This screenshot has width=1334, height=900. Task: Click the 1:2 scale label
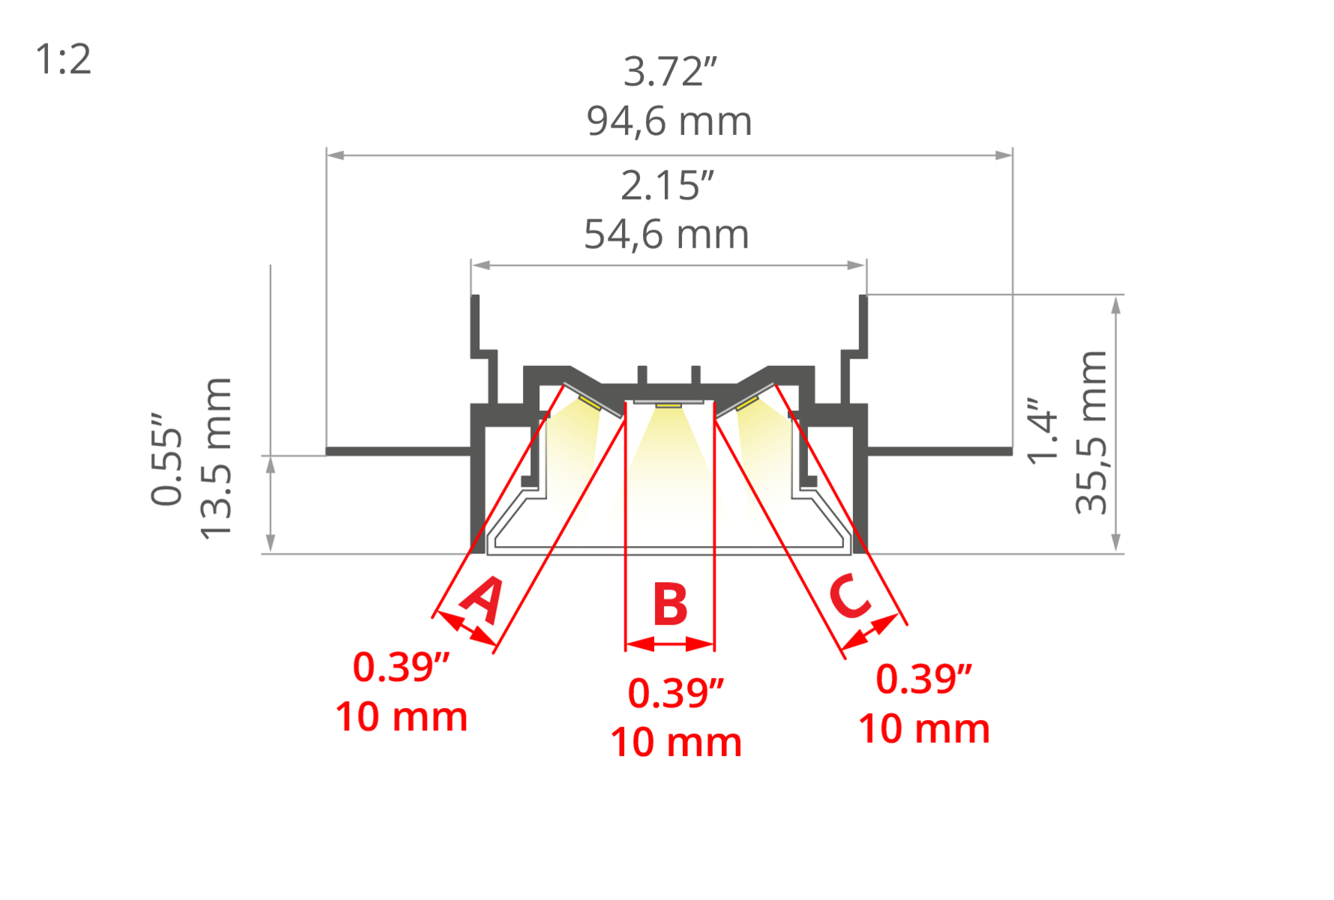[x=64, y=59]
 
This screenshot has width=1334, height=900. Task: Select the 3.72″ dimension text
[x=670, y=72]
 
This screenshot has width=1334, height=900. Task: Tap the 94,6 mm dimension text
[x=669, y=121]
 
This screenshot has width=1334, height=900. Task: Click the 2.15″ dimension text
[x=667, y=186]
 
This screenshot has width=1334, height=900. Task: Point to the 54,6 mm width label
[x=666, y=234]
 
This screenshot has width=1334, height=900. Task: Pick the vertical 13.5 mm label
[x=216, y=458]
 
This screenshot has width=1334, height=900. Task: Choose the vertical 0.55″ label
[x=167, y=458]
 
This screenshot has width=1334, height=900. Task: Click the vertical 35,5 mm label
[x=1092, y=432]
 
